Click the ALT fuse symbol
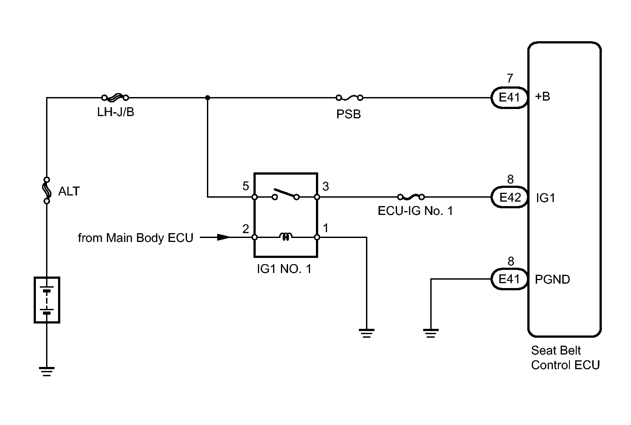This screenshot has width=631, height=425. click(47, 191)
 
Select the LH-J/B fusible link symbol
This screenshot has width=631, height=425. click(115, 97)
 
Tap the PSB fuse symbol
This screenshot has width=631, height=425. click(349, 98)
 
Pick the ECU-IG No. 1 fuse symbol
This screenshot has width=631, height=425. click(411, 197)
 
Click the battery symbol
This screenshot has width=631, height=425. click(47, 300)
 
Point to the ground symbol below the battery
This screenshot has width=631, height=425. click(47, 372)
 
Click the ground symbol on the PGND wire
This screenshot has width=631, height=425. click(431, 333)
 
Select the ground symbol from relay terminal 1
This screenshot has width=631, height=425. click(366, 333)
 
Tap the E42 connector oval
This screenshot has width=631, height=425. click(509, 197)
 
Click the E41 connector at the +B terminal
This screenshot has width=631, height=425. click(509, 97)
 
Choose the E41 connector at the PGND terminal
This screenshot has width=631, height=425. click(509, 279)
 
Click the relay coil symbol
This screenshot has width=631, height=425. click(286, 237)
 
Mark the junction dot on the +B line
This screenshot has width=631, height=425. click(208, 98)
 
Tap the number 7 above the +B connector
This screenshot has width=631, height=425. click(510, 78)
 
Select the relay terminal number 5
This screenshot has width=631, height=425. click(245, 186)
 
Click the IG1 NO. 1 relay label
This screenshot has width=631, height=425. click(284, 269)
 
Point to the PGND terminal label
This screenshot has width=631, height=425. click(552, 279)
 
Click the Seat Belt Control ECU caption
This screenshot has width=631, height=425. click(565, 358)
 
